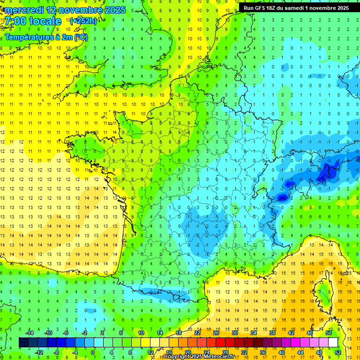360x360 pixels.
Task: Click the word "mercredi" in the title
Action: click(24, 10)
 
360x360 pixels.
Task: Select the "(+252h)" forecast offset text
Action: click(83, 21)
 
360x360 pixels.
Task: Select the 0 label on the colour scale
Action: click(92, 352)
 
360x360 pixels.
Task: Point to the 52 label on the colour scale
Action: click(338, 352)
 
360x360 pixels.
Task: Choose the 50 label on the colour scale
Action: click(329, 333)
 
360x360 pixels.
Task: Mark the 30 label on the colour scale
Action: click(235, 333)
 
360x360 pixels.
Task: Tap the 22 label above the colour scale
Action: click(197, 333)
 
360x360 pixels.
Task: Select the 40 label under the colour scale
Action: click(282, 352)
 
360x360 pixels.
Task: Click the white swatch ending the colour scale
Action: click(333, 343)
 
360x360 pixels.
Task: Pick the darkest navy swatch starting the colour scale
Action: click(23, 343)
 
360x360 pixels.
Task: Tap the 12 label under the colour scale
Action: click(150, 352)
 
